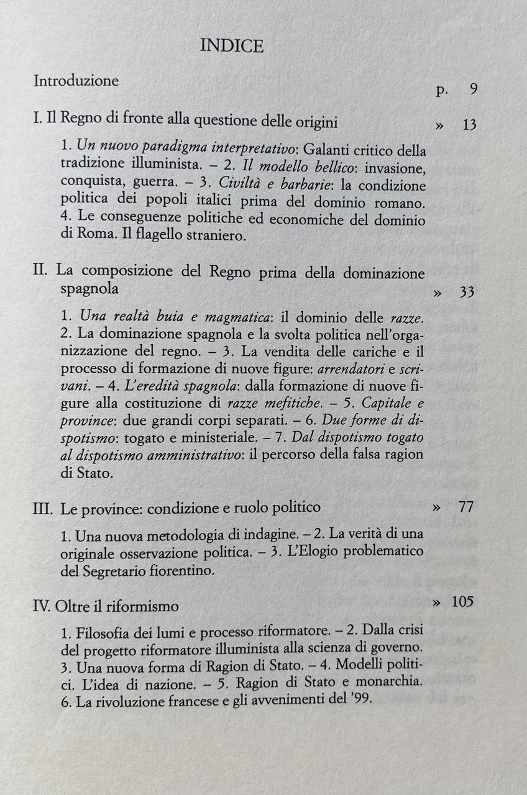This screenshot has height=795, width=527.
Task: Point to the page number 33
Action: point(467,291)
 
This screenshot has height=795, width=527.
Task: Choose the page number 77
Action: point(466,507)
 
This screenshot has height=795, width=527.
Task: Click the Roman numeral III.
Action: point(42,507)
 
